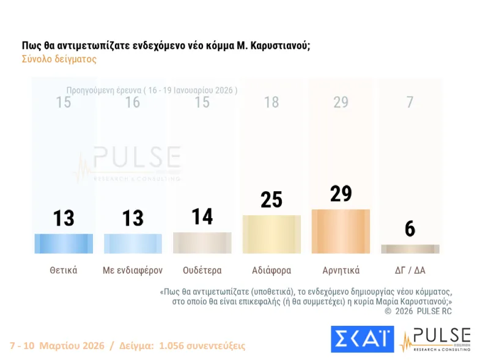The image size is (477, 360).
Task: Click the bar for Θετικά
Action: (64, 243)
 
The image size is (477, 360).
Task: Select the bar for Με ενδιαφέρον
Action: (133, 243)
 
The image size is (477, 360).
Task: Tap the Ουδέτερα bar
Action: (202, 243)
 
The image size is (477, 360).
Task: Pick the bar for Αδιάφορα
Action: (272, 234)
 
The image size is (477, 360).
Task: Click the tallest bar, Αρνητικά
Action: (341, 231)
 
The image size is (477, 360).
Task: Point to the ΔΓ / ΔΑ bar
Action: (410, 249)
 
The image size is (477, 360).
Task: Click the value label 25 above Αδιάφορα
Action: (272, 200)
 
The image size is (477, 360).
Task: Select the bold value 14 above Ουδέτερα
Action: (202, 217)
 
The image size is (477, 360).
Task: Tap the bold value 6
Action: (410, 229)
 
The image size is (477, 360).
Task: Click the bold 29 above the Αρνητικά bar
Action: (341, 194)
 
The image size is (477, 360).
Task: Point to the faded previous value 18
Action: (272, 102)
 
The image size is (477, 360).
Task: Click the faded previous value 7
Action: (410, 102)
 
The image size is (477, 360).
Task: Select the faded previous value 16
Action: (133, 102)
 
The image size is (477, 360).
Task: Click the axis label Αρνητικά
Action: (341, 270)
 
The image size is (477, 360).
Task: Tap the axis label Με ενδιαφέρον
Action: (133, 270)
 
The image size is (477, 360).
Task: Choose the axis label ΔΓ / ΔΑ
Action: (410, 270)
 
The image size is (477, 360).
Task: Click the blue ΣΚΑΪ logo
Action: (363, 339)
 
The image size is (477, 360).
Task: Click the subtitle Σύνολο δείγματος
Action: (59, 59)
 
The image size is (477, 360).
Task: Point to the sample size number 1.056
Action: (172, 346)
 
